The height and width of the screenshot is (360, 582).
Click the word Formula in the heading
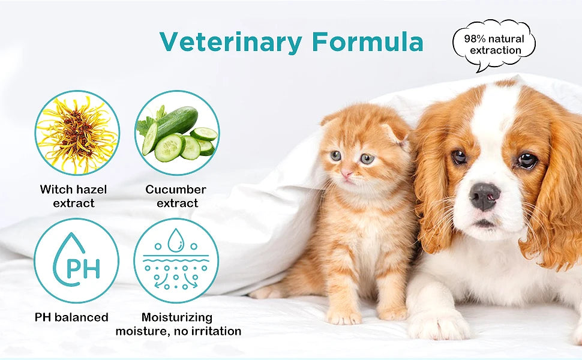coord(368,41)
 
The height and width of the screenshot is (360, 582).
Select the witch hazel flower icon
coord(77,133)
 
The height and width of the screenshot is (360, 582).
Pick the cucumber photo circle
coord(176,133)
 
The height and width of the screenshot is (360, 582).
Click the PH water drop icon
coord(76,260)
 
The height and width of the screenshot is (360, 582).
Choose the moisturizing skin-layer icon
coord(176,260)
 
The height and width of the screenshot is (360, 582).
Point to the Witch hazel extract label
coord(73,196)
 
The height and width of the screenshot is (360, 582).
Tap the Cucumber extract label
coord(176,196)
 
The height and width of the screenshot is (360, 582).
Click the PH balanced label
coord(71,317)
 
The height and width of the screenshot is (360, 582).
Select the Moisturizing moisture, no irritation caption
coord(178,324)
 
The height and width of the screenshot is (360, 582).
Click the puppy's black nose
coord(485,196)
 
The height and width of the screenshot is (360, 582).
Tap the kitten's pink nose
coord(347,173)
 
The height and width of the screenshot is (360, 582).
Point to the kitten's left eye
coord(335,155)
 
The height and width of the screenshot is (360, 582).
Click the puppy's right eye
coord(459,157)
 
